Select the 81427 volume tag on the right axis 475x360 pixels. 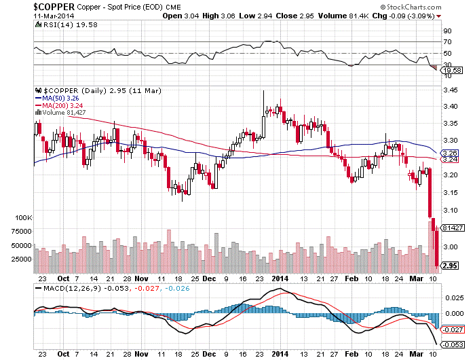(x=451, y=228)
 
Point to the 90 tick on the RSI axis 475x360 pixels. (x=447, y=31)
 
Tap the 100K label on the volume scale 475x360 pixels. (x=23, y=217)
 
